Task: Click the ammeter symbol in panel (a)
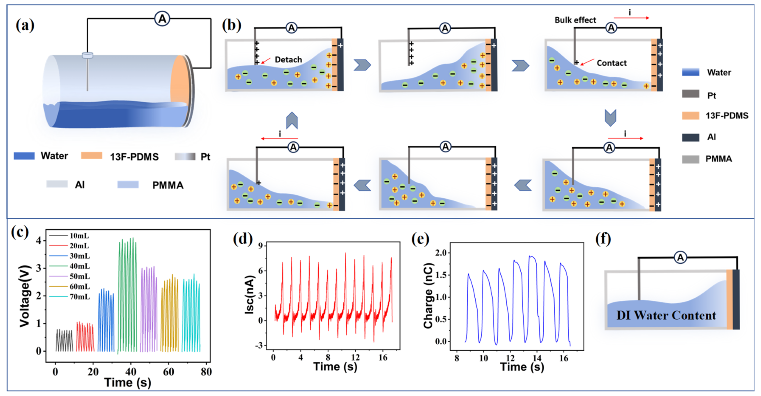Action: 162,19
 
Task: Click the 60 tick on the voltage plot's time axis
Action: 168,371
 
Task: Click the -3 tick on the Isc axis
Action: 260,345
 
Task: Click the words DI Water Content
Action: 666,315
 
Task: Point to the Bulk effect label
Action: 575,20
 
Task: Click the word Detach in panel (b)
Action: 288,60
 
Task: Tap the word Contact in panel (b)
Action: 612,63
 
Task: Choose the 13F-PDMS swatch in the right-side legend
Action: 690,115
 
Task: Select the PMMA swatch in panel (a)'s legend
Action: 128,185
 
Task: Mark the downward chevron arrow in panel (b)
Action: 610,117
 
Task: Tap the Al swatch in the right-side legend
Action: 690,137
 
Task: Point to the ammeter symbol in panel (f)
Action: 680,258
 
